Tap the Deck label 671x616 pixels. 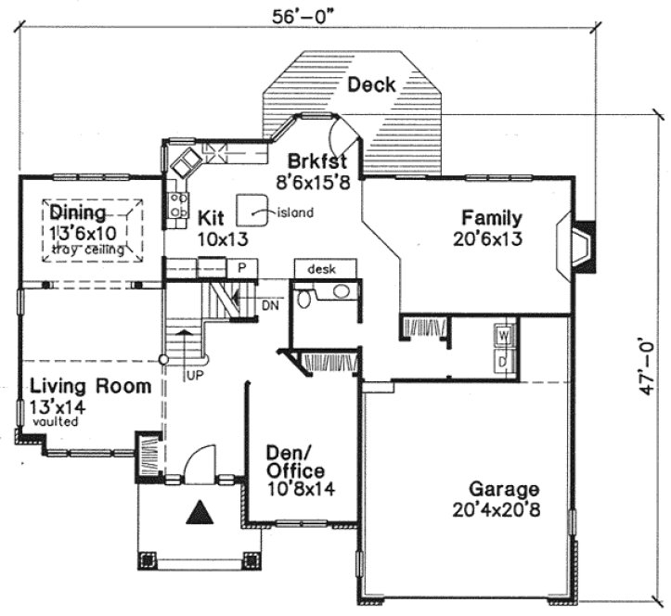371,85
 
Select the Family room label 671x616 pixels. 492,219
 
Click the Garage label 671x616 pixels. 504,489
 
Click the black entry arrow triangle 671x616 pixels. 197,513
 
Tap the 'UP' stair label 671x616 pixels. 194,375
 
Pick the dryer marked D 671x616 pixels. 503,358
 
